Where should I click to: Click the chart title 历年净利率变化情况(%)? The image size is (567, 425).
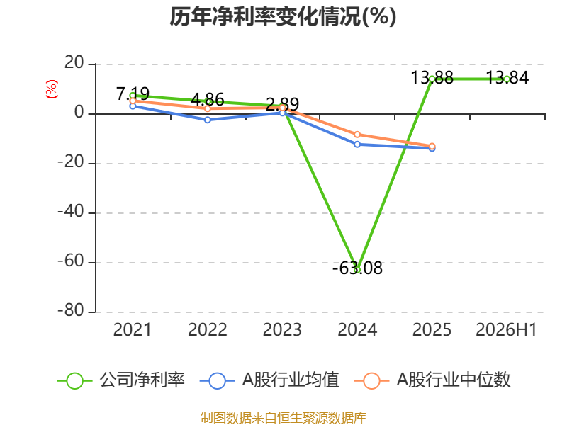[283, 16]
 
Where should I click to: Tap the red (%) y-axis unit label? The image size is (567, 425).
[51, 89]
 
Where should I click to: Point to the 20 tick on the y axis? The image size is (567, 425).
[74, 63]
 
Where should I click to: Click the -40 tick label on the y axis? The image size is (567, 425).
[71, 211]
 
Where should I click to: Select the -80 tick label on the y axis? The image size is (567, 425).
[71, 310]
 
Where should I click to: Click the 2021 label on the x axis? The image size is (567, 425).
[133, 330]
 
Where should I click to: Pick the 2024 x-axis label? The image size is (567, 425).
[357, 330]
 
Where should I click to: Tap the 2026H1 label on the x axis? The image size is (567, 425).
[507, 330]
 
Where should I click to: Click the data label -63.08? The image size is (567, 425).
[357, 268]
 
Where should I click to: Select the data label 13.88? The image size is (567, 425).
[432, 78]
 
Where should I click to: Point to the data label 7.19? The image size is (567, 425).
[133, 94]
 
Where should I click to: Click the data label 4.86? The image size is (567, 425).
[208, 99]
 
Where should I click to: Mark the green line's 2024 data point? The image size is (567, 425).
[357, 270]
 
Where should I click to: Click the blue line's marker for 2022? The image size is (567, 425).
[208, 120]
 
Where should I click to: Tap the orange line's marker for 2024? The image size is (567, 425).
[357, 135]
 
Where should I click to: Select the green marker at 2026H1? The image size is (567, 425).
[507, 79]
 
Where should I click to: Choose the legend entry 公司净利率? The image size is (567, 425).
[121, 380]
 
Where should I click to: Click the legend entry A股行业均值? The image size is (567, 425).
[269, 380]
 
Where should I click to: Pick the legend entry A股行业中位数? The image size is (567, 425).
[432, 380]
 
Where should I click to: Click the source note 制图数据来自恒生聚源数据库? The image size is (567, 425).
[283, 418]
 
